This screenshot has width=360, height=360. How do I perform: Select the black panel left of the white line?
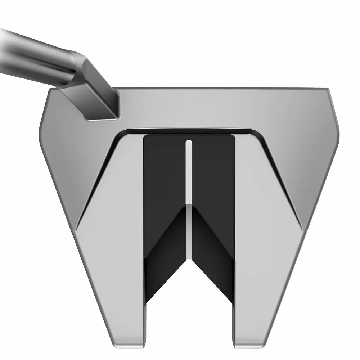[164, 173]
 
